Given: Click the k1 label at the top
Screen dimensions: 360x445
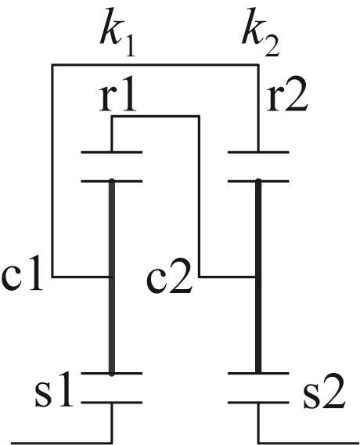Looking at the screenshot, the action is (x=117, y=33).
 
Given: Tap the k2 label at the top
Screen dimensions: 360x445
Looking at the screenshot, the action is (x=261, y=33).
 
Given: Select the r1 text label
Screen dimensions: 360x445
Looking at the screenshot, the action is (x=117, y=97).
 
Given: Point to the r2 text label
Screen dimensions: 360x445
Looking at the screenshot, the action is (x=286, y=97).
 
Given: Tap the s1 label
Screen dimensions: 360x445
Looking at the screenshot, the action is (x=53, y=392).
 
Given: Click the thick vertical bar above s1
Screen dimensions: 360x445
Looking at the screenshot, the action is (x=112, y=277).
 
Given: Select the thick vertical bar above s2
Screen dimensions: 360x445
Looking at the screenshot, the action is (x=258, y=277).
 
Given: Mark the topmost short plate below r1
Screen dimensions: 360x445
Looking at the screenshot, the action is (x=112, y=153).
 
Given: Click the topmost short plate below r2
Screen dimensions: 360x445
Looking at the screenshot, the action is (x=258, y=153).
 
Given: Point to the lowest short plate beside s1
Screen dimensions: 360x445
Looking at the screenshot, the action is (x=112, y=403).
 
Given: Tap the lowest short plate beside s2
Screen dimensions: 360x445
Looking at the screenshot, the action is (x=258, y=403).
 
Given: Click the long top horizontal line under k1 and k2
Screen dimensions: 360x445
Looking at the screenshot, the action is (x=155, y=65).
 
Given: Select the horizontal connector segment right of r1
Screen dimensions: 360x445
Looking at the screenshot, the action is (x=156, y=116).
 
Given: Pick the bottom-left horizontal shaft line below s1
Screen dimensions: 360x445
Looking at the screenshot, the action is (x=62, y=443).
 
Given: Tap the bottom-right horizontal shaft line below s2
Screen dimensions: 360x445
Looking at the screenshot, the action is (x=308, y=443).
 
